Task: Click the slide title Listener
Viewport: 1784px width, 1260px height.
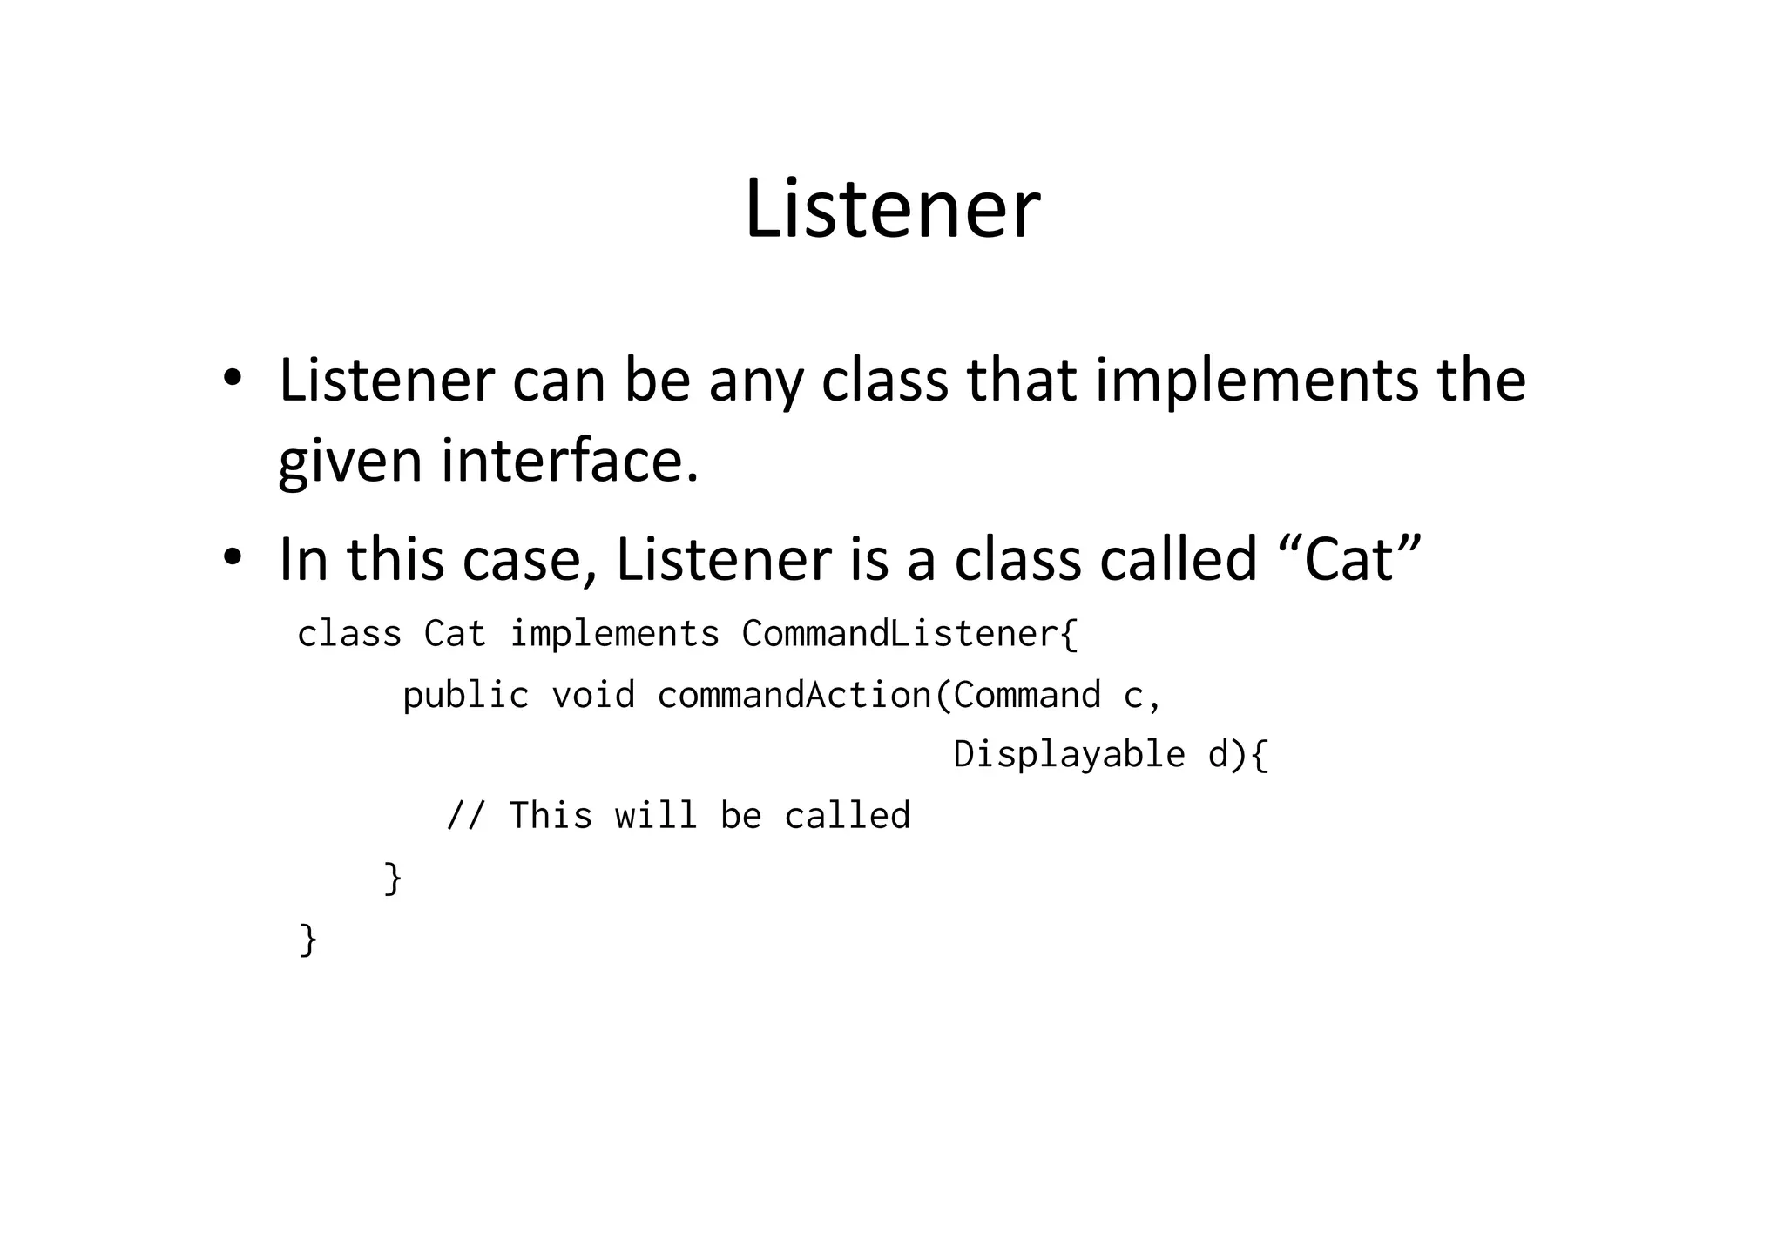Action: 892,209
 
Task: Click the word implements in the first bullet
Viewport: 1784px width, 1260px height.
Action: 1257,381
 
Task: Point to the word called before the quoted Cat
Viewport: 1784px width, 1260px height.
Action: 1178,559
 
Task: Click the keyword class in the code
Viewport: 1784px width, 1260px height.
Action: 349,634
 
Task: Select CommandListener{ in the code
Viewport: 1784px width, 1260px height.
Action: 909,634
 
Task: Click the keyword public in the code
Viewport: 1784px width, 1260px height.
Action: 466,695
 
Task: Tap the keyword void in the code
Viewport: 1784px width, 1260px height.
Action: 593,695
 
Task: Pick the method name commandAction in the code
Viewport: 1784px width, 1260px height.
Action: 794,695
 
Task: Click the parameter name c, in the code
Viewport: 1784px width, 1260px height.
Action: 1142,695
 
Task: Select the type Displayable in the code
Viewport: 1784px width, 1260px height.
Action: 1069,754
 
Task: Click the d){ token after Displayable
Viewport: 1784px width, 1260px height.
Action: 1238,754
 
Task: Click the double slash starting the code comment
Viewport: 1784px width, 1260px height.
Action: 466,816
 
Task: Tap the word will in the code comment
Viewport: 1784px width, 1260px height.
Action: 656,816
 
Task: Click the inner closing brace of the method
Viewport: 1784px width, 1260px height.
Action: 393,877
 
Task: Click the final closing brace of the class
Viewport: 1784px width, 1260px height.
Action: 307,939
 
